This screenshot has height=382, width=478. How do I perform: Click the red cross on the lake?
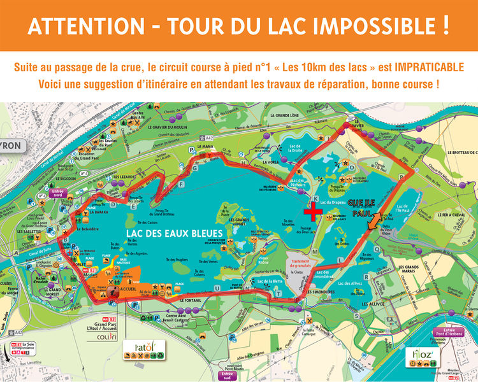(x=312, y=210)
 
